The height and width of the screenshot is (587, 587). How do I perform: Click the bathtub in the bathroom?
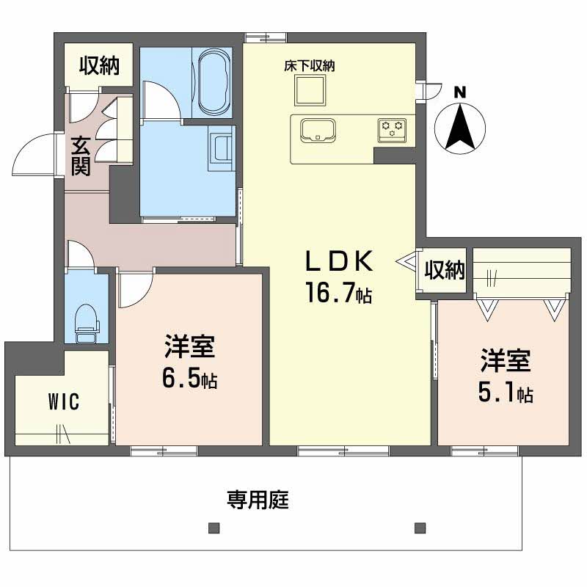click(x=212, y=81)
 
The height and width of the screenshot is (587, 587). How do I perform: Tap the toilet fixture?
click(x=87, y=324)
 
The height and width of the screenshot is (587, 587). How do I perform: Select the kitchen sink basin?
click(x=318, y=131)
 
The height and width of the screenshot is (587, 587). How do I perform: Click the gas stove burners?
click(x=392, y=131)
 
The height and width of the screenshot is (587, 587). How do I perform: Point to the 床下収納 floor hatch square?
click(x=310, y=90)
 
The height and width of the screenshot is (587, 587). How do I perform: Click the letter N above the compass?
click(x=460, y=92)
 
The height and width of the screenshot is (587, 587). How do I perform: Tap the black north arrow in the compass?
click(x=460, y=127)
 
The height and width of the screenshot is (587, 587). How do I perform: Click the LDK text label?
click(x=339, y=260)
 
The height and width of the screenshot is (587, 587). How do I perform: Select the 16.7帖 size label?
click(x=339, y=292)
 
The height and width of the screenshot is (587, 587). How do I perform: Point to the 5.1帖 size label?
click(x=506, y=392)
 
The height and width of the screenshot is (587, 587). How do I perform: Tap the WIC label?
click(x=64, y=401)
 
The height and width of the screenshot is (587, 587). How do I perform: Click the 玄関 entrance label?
click(x=81, y=156)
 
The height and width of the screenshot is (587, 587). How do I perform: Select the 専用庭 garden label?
click(x=258, y=500)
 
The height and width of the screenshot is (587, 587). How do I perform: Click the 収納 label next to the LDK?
click(x=445, y=269)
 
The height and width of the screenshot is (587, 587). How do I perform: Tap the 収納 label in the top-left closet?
click(x=99, y=65)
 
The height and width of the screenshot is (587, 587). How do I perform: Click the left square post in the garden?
click(x=214, y=528)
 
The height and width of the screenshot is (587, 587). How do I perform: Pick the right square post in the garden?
click(x=420, y=528)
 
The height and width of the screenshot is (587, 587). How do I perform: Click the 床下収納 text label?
click(x=309, y=66)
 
